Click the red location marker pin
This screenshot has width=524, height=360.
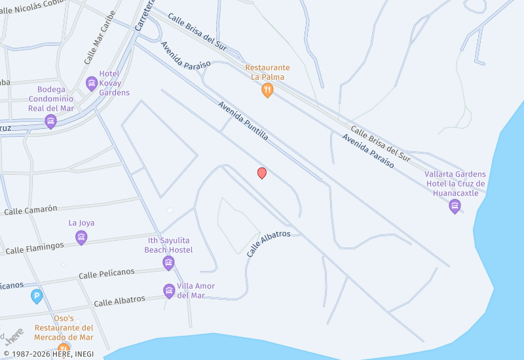click(x=262, y=173)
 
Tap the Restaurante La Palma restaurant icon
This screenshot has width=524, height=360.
click(x=267, y=91)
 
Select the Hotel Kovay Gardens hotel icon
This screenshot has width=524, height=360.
click(x=92, y=83)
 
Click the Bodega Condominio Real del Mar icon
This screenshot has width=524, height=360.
click(x=50, y=122)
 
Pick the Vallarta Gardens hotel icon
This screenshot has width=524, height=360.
click(x=455, y=207)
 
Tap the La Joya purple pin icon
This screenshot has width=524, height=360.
click(x=81, y=237)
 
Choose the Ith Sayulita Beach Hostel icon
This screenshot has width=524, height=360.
click(x=168, y=263)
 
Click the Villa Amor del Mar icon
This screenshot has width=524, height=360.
click(x=169, y=291)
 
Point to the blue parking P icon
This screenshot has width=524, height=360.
click(x=37, y=297)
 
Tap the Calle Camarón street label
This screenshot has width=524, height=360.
click(x=31, y=209)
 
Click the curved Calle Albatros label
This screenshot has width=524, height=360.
click(x=269, y=243)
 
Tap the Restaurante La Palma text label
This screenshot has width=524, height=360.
click(x=267, y=72)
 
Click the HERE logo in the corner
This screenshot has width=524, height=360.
click(x=14, y=337)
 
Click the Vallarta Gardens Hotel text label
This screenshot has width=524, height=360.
click(x=455, y=183)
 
